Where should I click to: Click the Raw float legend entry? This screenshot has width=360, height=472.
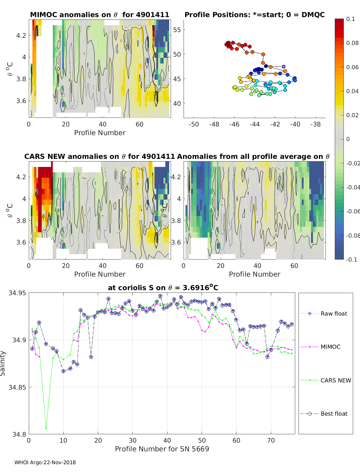[324, 313]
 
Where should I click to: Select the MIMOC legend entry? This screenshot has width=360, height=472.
[320, 347]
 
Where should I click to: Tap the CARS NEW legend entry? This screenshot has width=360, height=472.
[325, 380]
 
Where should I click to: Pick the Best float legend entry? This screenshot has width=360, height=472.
[324, 414]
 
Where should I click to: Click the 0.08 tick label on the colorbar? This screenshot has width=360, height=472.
[352, 43]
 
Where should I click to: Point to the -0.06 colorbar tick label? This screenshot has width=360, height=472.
[353, 211]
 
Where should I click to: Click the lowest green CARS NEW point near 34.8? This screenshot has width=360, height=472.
[46, 429]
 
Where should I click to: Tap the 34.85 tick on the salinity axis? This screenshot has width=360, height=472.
[17, 387]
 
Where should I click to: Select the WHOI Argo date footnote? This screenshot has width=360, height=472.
[45, 462]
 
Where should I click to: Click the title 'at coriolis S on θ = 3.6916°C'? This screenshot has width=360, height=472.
[163, 287]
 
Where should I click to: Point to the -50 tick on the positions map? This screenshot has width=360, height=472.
[193, 124]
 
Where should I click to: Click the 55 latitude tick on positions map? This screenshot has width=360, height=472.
[177, 30]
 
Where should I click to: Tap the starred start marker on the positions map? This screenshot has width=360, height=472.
[283, 67]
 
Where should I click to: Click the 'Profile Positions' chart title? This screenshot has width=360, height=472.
[255, 15]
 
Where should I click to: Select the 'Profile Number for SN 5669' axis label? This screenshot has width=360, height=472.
[162, 449]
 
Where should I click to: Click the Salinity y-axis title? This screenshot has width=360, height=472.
[3, 364]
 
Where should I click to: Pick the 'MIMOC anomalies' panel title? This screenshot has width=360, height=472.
[100, 15]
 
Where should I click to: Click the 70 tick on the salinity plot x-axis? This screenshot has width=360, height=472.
[271, 441]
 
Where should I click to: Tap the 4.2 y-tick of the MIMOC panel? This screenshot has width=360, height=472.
[21, 35]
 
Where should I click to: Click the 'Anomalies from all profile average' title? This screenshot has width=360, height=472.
[253, 156]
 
